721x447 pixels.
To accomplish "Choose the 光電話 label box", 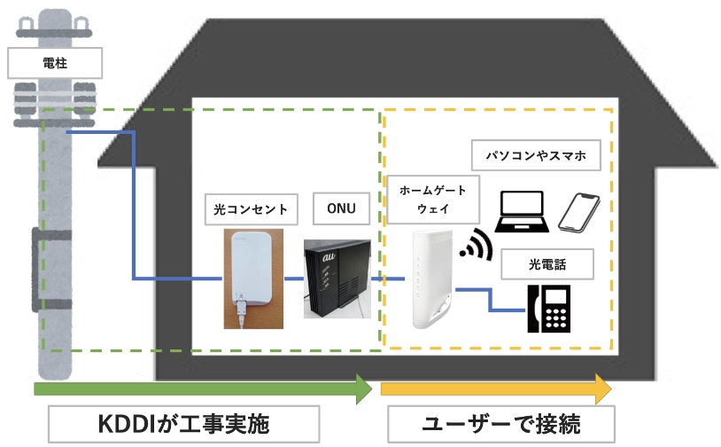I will (x=547, y=263).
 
